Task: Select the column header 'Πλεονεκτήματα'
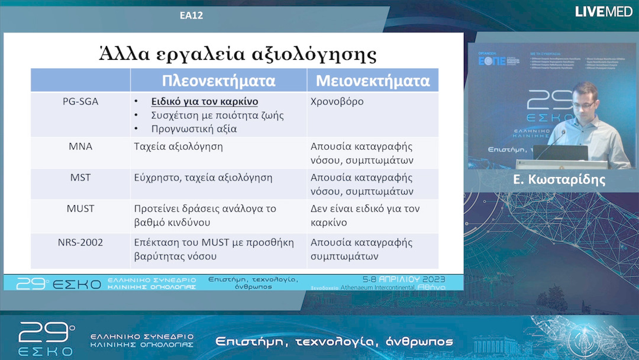218,81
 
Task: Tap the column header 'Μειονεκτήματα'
372,81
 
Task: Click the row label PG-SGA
80,101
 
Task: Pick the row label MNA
80,146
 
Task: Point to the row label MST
80,177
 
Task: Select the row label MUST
80,208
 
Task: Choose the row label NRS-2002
80,242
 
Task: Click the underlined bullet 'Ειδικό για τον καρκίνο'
205,101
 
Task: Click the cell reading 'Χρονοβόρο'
337,101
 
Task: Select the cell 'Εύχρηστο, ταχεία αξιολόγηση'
203,177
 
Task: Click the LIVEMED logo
603,11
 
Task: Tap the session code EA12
191,15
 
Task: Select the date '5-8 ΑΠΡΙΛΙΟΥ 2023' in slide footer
404,279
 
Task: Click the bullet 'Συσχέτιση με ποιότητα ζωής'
217,115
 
